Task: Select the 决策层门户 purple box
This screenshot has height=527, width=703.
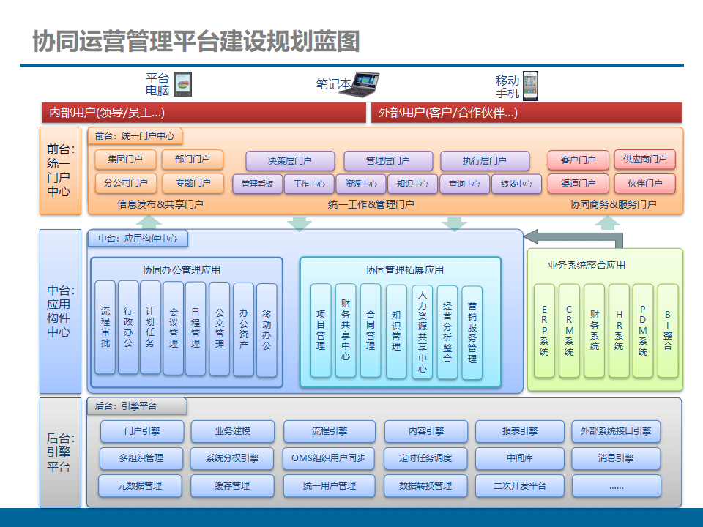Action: [x=290, y=161]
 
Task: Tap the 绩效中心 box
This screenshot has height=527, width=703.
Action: [x=516, y=184]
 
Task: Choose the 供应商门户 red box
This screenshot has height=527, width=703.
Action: [x=644, y=160]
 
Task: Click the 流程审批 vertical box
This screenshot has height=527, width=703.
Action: [x=105, y=327]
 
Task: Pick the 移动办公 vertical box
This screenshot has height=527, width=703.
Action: [x=267, y=330]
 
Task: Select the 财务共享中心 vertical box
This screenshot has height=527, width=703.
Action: [x=346, y=330]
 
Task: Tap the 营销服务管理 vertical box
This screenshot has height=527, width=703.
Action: [x=472, y=332]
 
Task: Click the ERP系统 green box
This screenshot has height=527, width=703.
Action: [x=544, y=331]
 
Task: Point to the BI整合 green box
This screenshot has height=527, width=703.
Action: [x=668, y=331]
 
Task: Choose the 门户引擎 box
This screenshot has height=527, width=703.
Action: [x=141, y=431]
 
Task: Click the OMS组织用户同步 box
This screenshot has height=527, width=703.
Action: [x=329, y=459]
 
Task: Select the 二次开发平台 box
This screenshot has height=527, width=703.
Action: [x=519, y=485]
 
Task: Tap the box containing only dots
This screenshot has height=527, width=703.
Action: [x=616, y=485]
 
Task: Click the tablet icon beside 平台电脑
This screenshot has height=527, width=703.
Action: [x=183, y=84]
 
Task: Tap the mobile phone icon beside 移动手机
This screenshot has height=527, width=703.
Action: [x=529, y=85]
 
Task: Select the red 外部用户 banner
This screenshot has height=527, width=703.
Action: [x=527, y=113]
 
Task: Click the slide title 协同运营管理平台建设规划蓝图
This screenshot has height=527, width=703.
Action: [x=196, y=41]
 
